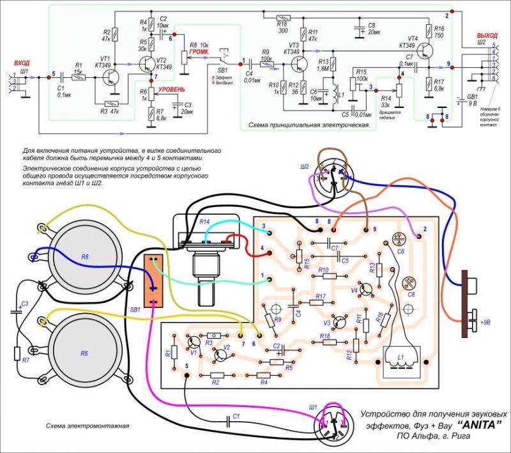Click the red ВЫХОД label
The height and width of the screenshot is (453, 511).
click(x=486, y=35)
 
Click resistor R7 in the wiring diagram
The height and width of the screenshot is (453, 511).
click(x=18, y=352)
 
